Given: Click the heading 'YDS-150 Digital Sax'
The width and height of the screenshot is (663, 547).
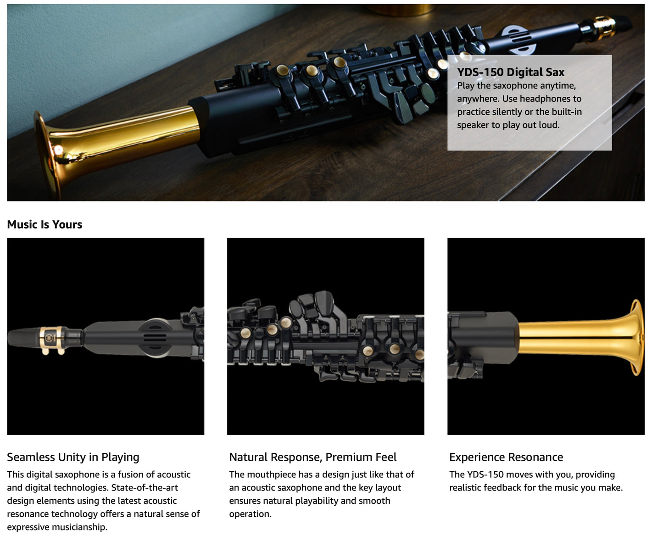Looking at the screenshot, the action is click(511, 72).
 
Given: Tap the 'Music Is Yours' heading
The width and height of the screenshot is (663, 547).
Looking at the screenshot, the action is click(45, 224).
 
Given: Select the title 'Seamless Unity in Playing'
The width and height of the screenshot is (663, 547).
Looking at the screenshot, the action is click(73, 457).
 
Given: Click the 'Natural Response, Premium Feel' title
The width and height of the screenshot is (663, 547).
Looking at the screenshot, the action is click(313, 457).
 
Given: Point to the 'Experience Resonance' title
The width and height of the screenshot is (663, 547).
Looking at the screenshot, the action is click(506, 457).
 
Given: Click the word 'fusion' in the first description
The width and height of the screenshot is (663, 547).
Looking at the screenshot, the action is click(128, 474).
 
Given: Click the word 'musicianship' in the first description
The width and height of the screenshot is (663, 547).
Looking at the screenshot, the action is click(80, 527).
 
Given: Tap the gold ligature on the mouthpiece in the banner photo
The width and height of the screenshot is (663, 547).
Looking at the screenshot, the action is click(603, 28).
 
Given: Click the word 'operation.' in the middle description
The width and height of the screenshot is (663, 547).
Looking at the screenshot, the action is click(250, 514).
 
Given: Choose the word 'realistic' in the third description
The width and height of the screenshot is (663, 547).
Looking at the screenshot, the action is click(466, 488).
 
